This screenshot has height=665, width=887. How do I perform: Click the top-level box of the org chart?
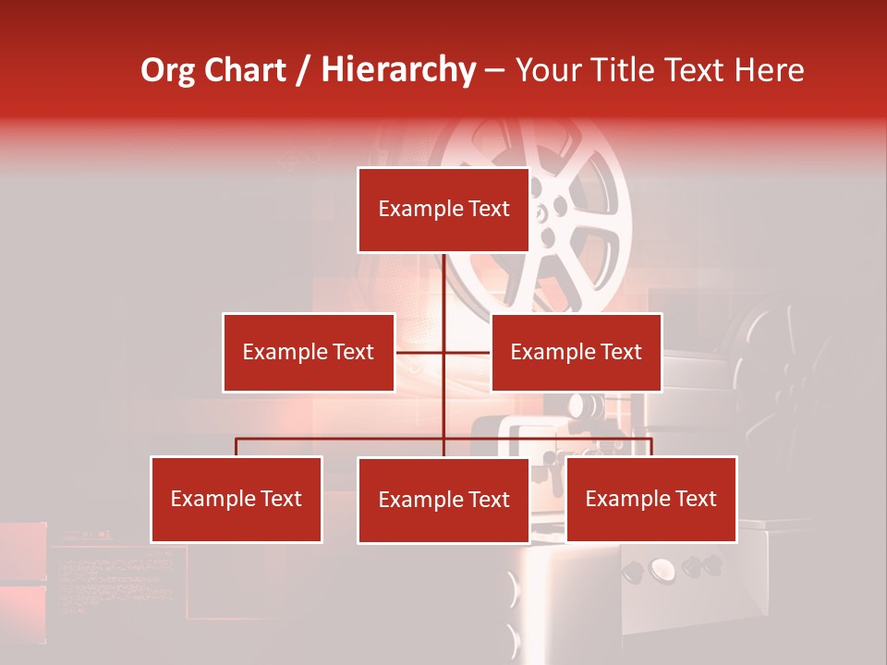(x=443, y=210)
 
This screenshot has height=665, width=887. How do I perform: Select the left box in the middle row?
(x=308, y=352)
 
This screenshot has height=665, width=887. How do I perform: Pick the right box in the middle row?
(x=576, y=352)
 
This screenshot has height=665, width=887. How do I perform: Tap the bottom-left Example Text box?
(x=236, y=499)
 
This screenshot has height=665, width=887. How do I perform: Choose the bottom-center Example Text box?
(x=443, y=500)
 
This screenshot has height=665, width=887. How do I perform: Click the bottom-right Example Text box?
(x=650, y=499)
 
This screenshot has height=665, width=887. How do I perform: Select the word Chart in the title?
(x=246, y=70)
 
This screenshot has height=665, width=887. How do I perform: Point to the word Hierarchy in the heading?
(x=397, y=70)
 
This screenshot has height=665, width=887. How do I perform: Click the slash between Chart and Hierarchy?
(x=304, y=70)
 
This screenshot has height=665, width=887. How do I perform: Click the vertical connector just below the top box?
(x=443, y=277)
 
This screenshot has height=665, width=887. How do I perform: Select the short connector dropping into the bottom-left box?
(x=236, y=447)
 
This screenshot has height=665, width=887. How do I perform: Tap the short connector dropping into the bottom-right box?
(x=651, y=447)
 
